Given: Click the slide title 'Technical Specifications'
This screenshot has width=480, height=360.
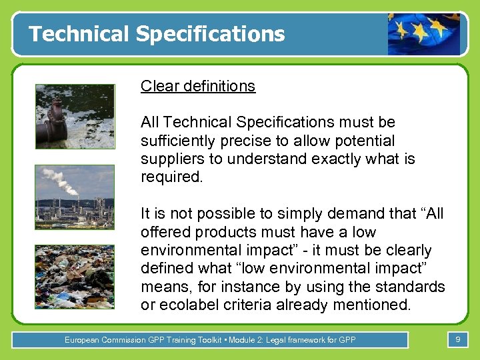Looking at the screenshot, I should pos(157,34).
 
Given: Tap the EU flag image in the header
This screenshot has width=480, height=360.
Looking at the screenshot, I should pos(424,34).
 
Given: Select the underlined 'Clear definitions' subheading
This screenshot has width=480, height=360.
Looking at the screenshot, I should pos(198,86).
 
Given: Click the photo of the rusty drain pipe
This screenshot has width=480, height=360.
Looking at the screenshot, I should pos(75,116).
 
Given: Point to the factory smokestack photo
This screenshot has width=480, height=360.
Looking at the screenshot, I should pos(75,197).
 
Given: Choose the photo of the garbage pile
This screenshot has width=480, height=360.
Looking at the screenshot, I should pos(75,277).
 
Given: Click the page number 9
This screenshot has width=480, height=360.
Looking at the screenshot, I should pos(457,340).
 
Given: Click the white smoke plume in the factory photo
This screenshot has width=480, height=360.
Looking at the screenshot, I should pos(59,180).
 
